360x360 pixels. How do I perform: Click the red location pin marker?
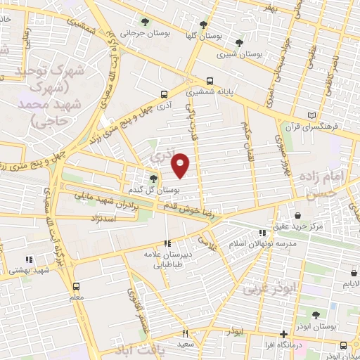181,165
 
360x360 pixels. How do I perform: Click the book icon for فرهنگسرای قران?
313,116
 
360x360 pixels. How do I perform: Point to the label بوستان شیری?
239,53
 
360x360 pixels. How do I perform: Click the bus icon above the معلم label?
77,286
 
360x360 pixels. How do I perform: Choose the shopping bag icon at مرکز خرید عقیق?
299,216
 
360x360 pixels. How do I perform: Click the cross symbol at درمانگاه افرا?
283,334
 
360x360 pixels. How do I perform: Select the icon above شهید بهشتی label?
29,259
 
